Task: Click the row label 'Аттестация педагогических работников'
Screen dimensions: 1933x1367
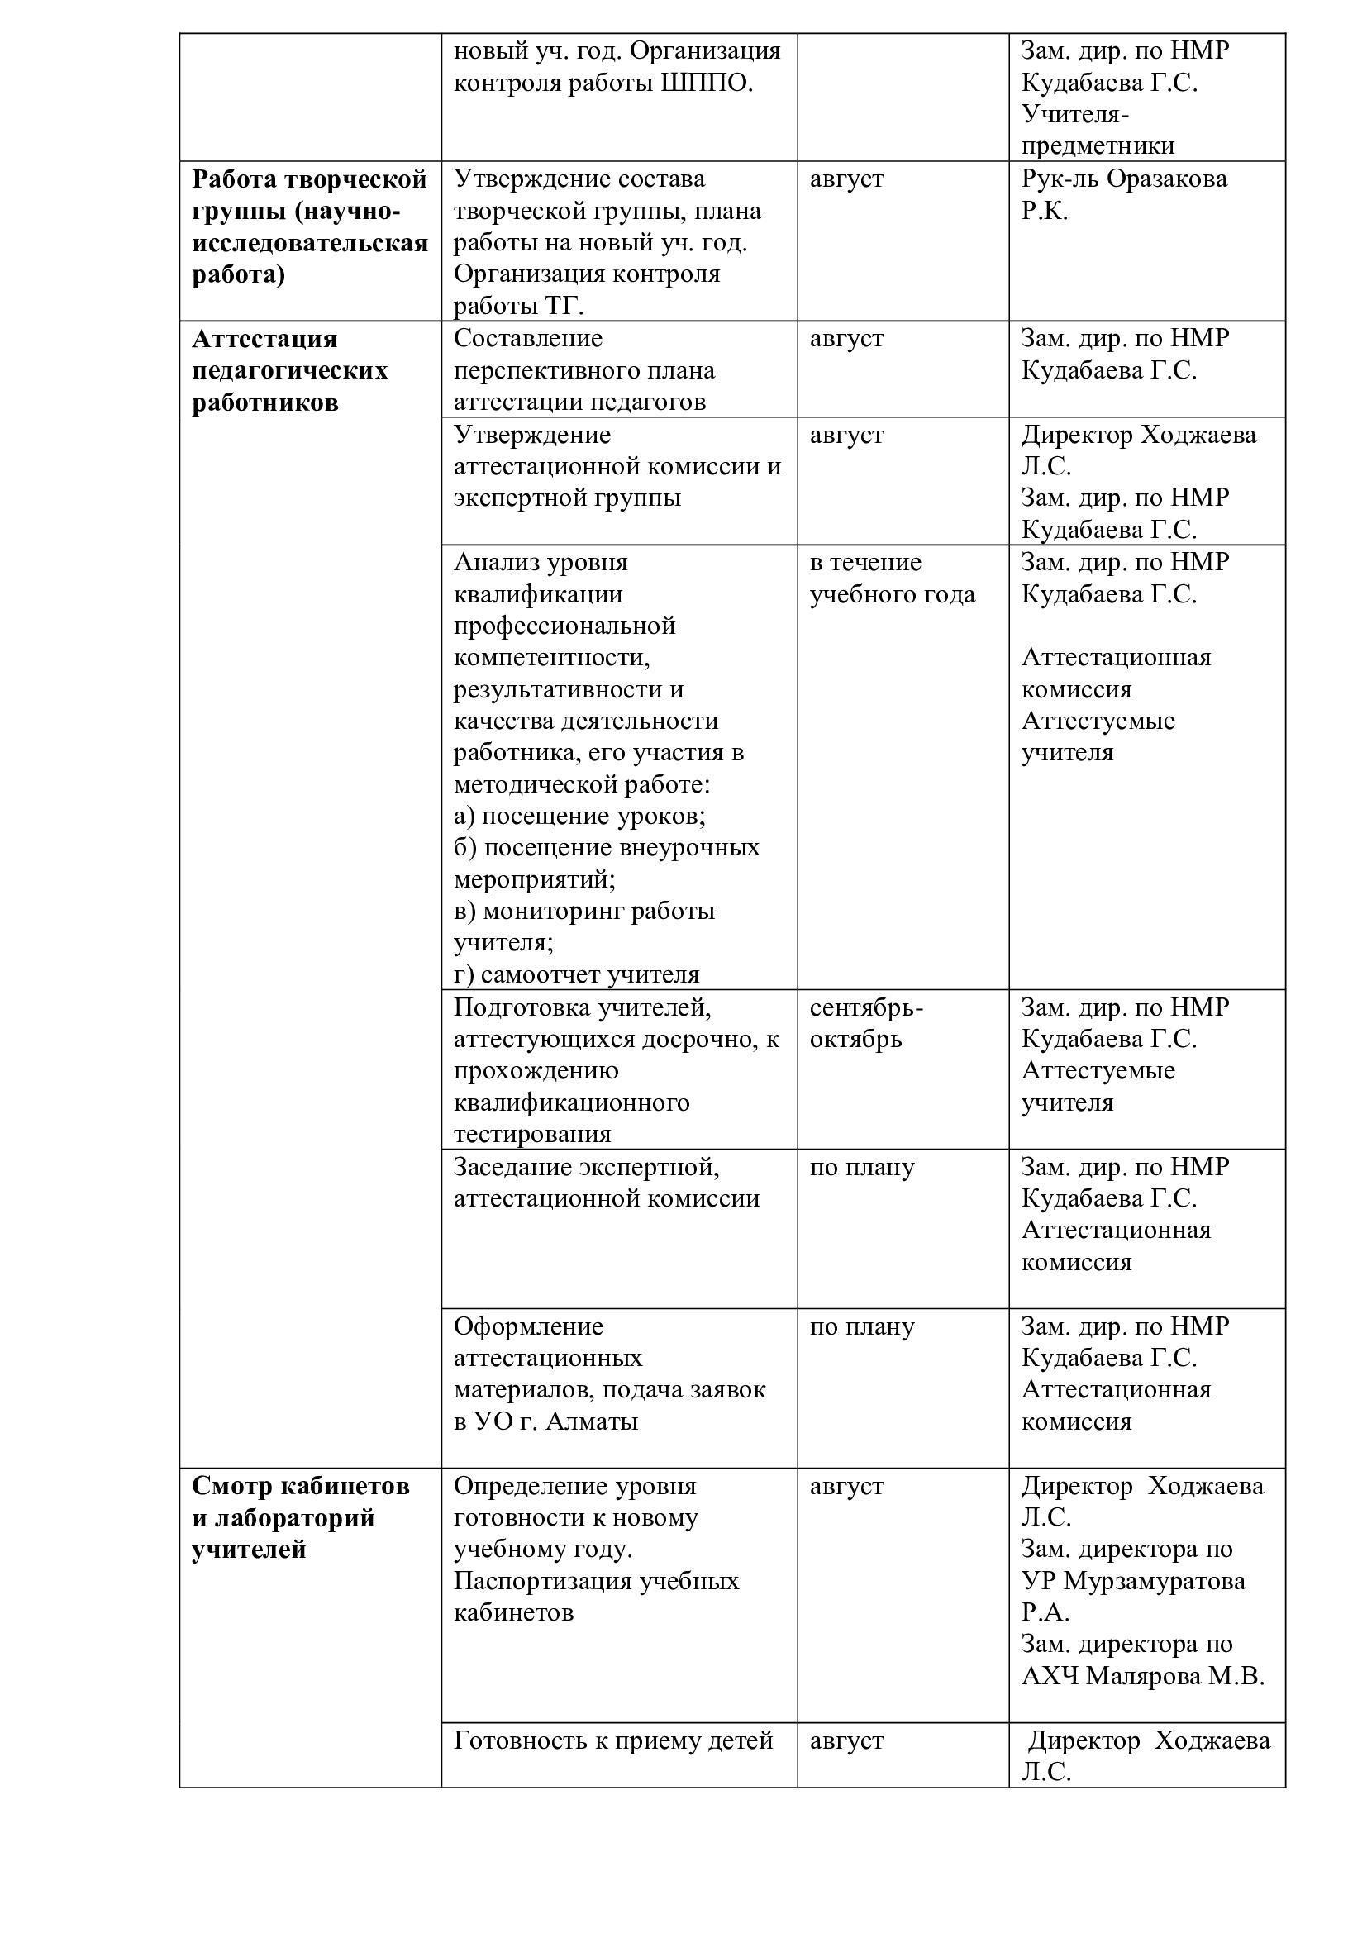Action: click(x=289, y=370)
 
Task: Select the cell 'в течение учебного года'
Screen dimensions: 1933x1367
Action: click(x=892, y=578)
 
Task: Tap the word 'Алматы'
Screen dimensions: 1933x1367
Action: click(x=592, y=1421)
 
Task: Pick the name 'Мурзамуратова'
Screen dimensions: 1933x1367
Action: click(x=1155, y=1580)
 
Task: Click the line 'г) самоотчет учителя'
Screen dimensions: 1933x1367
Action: click(x=577, y=974)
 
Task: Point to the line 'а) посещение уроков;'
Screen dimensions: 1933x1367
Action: click(x=579, y=816)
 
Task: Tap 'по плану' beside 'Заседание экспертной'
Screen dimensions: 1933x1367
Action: click(x=861, y=1167)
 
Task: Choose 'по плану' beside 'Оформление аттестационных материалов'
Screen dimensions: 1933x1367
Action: click(x=861, y=1326)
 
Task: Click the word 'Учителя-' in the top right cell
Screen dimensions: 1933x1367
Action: click(x=1075, y=114)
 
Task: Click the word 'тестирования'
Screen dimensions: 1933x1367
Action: click(x=532, y=1134)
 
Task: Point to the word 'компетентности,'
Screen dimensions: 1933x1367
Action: click(x=551, y=658)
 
